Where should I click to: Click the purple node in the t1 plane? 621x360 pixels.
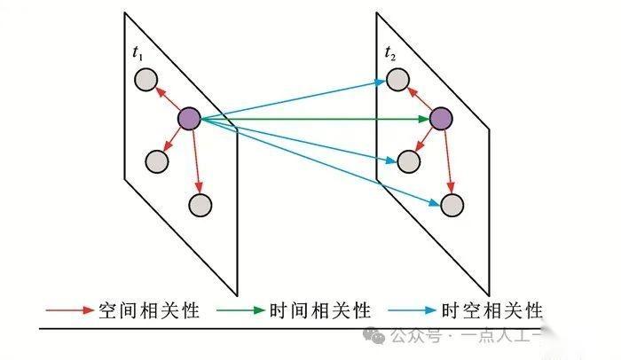pos(189,117)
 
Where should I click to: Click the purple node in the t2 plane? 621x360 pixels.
pos(441,118)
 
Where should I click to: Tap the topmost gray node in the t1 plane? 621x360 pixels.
pos(145,80)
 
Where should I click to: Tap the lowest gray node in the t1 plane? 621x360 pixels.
pos(200,205)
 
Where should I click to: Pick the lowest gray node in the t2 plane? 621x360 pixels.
pos(452,206)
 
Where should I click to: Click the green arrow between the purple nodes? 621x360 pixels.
pos(310,118)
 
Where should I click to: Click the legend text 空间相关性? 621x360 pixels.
pos(149,310)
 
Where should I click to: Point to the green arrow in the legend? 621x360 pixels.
pos(241,310)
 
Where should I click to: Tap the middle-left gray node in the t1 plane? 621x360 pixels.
pos(156,161)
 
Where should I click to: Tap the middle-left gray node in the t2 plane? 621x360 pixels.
pos(408,161)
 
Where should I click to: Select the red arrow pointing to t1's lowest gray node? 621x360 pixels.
pos(195,160)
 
